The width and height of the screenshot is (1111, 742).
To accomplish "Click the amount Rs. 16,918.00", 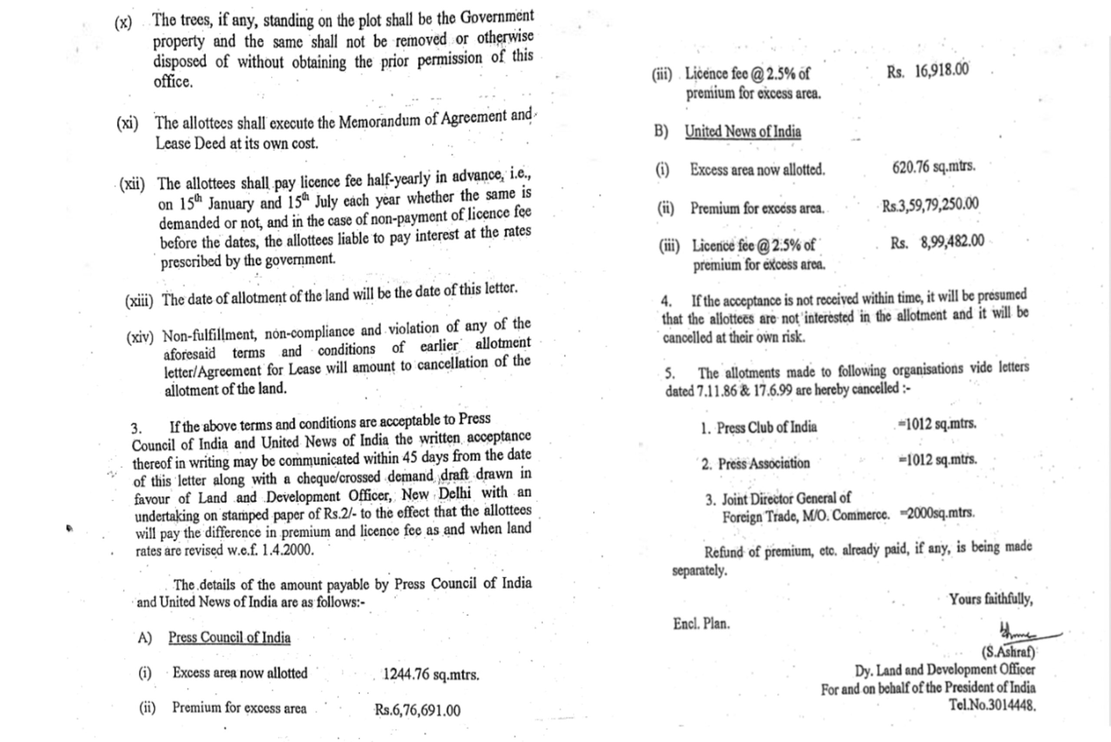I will point(927,71).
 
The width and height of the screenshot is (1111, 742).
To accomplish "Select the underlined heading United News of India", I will point(743,131).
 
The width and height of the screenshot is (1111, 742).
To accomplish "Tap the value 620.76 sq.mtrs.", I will point(933,167).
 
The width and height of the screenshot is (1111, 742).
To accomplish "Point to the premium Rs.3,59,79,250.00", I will point(930,204).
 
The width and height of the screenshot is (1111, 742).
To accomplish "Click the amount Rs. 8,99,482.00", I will point(937,242).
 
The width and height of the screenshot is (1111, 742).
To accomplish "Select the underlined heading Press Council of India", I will point(230,637).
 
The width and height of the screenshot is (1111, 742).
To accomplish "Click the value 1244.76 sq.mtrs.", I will point(431,674).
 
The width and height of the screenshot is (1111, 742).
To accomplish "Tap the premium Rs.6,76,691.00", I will point(417,710).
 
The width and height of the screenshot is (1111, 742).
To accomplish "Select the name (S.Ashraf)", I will point(1008,652).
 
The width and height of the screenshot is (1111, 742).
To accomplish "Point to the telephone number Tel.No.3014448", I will point(992,705).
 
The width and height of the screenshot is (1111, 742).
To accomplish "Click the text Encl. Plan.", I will point(701,624).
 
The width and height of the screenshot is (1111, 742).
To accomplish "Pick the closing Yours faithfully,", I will point(990,599).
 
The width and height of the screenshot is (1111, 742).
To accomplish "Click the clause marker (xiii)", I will point(139,301).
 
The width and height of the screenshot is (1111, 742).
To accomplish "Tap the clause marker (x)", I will point(123,22).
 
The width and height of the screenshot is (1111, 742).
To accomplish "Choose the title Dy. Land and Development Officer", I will point(944,670).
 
